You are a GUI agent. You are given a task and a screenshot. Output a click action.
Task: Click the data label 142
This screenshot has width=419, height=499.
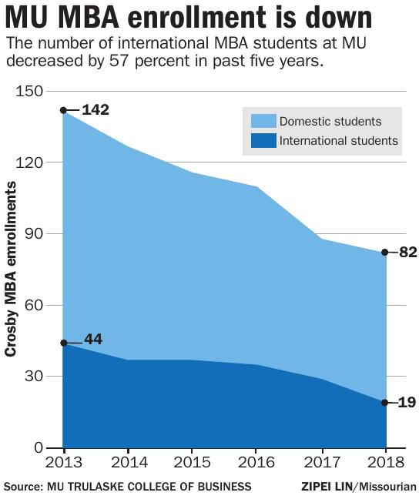(x=96, y=110)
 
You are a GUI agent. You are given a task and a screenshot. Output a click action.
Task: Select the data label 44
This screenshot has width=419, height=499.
(x=92, y=339)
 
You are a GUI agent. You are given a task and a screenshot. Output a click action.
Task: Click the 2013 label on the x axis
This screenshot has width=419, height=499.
(x=64, y=464)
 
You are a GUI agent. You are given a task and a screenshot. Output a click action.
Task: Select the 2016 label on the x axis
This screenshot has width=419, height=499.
(x=256, y=464)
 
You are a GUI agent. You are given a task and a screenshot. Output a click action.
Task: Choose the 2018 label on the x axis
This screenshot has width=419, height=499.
(x=385, y=464)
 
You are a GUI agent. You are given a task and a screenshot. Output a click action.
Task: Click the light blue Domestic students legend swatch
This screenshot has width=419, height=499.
(x=263, y=121)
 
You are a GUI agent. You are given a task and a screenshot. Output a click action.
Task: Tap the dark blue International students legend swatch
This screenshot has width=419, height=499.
(x=263, y=141)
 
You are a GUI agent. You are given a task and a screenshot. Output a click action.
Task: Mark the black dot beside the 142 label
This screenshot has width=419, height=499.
(x=64, y=110)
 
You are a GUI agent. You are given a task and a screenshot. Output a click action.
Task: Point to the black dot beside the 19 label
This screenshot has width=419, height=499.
(x=385, y=403)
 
